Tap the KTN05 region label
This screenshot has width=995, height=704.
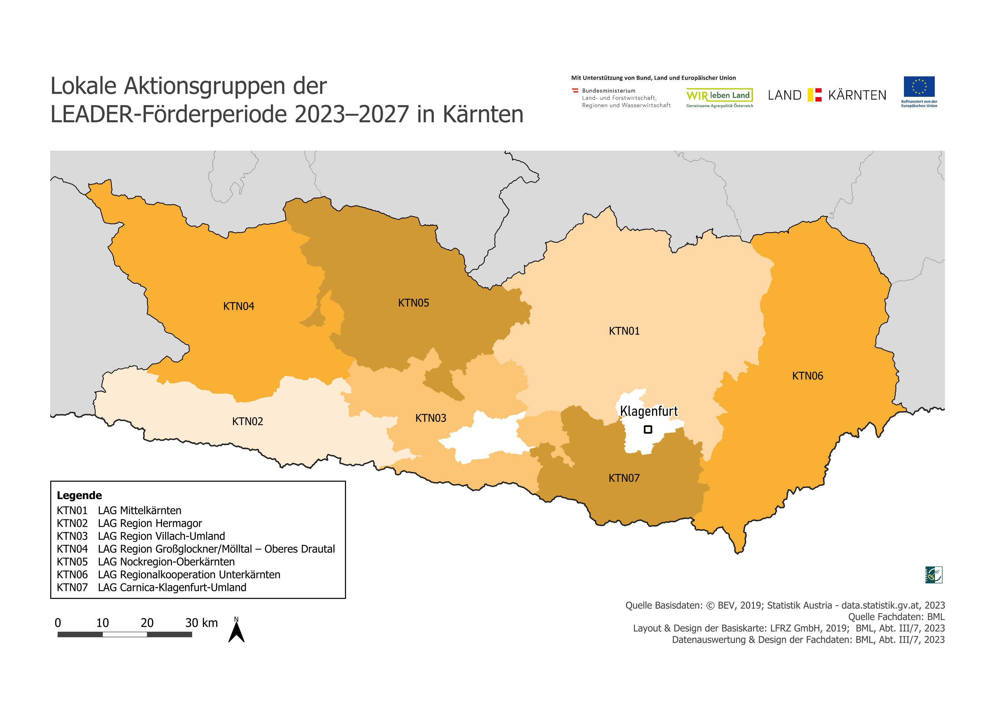click(413, 303)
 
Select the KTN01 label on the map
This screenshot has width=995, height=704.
click(624, 331)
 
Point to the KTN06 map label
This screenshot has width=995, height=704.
click(807, 376)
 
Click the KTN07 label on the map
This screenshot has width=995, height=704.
click(624, 478)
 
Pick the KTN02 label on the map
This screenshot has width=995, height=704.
click(247, 421)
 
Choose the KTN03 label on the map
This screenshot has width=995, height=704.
click(430, 418)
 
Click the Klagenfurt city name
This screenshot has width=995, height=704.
click(649, 411)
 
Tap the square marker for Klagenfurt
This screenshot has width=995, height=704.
click(648, 429)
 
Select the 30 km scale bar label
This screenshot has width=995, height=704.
click(201, 623)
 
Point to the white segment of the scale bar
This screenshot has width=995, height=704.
click(125, 634)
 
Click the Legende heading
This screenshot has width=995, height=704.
click(79, 495)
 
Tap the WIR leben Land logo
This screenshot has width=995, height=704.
click(720, 96)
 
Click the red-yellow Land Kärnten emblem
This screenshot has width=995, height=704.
click(815, 95)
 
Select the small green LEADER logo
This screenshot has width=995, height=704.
click(934, 575)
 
